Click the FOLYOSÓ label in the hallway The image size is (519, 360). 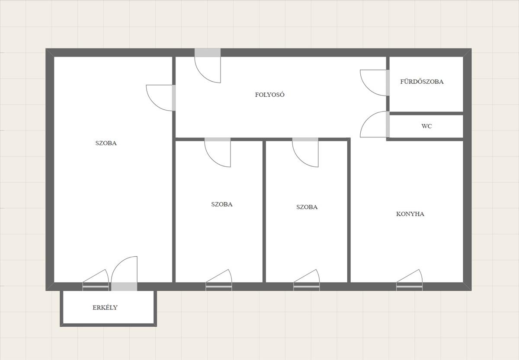pos(270,95)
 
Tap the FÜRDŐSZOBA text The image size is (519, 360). pos(422,82)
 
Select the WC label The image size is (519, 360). pos(426,126)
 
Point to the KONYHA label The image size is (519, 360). pos(410,214)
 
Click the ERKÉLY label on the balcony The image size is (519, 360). pos(105,307)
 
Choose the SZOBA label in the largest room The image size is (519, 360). pos(106,143)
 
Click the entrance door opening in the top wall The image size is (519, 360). pos(208,53)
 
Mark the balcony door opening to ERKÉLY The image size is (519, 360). pos(124,287)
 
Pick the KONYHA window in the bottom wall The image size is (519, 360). pos(410,287)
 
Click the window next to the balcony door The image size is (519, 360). pos(96,287)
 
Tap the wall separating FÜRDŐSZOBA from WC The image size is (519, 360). pos(426,113)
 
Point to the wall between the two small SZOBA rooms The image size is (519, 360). pos(264,212)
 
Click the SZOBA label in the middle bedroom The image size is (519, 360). pos(222,204)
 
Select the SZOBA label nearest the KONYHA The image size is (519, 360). pos(307,207)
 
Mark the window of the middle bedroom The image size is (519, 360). pos(219,287)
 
